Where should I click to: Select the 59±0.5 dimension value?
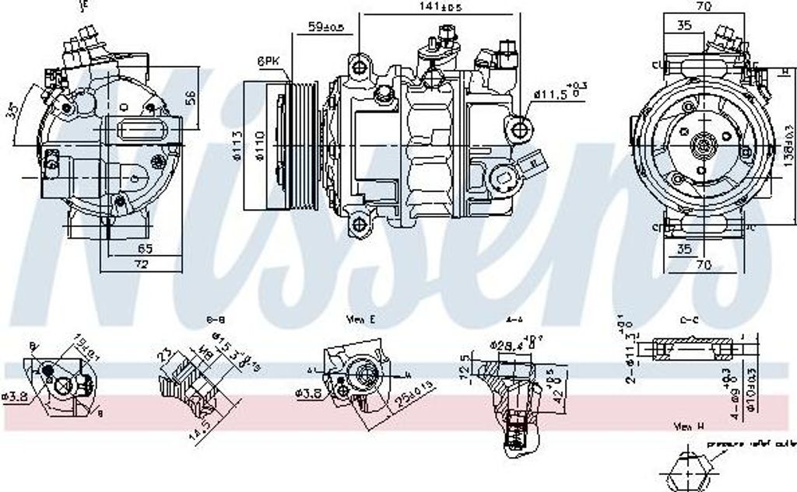326,26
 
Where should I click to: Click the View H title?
690,427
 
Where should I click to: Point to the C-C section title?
688,319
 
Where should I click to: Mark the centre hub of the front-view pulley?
703,145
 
